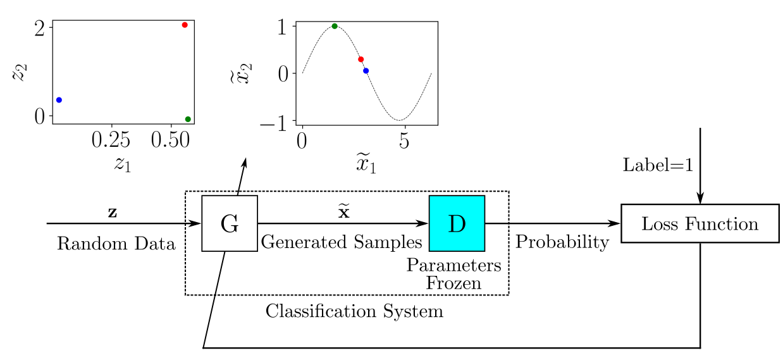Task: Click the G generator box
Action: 229,223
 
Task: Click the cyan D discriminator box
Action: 457,223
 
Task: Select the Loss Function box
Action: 700,223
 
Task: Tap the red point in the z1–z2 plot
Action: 185,25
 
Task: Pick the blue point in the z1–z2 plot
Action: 59,100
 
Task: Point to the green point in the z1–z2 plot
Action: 188,119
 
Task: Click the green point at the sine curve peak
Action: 335,26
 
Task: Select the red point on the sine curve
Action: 361,59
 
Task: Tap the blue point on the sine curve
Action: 366,71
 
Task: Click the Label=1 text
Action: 658,166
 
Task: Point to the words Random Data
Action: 116,244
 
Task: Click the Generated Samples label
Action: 342,242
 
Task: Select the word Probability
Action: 562,242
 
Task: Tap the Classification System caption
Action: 354,311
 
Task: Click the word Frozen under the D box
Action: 453,283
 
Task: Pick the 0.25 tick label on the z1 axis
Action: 112,140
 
